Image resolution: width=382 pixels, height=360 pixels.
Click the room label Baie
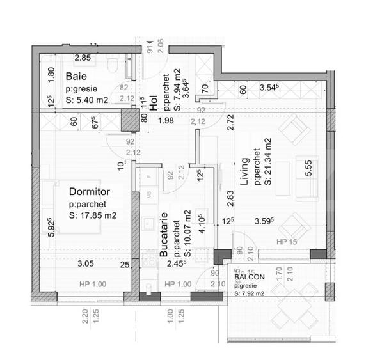point(77,77)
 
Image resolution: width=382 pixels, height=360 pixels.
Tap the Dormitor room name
point(90,191)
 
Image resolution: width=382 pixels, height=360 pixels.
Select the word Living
point(244,173)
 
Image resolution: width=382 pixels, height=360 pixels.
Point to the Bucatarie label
point(164,235)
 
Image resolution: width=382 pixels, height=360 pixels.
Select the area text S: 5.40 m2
point(88,100)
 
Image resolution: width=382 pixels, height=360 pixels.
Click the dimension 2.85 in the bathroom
point(83,59)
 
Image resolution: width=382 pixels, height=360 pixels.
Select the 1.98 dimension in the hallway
point(165,121)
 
